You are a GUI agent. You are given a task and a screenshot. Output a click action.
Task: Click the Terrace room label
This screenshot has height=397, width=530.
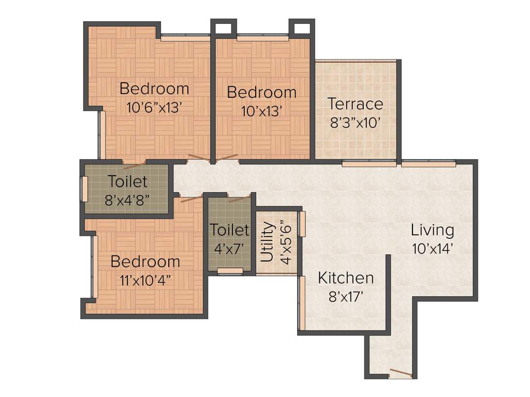point(356,104)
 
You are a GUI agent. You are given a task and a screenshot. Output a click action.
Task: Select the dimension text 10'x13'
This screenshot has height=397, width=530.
point(261,111)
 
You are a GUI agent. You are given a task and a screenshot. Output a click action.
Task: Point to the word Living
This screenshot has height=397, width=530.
point(432,230)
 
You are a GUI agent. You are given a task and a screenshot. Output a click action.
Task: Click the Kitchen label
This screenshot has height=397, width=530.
point(345,278)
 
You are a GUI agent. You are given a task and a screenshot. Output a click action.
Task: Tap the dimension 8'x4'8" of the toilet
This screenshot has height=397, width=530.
point(127,200)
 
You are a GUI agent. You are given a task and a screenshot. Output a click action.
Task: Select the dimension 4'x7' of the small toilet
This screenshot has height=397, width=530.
point(229,248)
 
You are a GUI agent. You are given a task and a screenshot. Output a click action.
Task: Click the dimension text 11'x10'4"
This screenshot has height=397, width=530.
point(145,280)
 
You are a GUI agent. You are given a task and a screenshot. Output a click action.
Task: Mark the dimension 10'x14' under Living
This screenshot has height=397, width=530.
point(433,248)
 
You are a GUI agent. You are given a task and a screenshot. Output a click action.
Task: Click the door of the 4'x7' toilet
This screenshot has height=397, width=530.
point(239,198)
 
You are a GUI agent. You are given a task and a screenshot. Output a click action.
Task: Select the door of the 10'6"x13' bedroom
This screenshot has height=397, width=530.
point(199,157)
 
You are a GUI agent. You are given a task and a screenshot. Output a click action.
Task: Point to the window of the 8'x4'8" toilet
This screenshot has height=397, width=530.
point(84,189)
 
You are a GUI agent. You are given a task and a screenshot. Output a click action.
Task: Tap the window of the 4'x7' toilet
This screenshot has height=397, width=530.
point(230,270)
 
